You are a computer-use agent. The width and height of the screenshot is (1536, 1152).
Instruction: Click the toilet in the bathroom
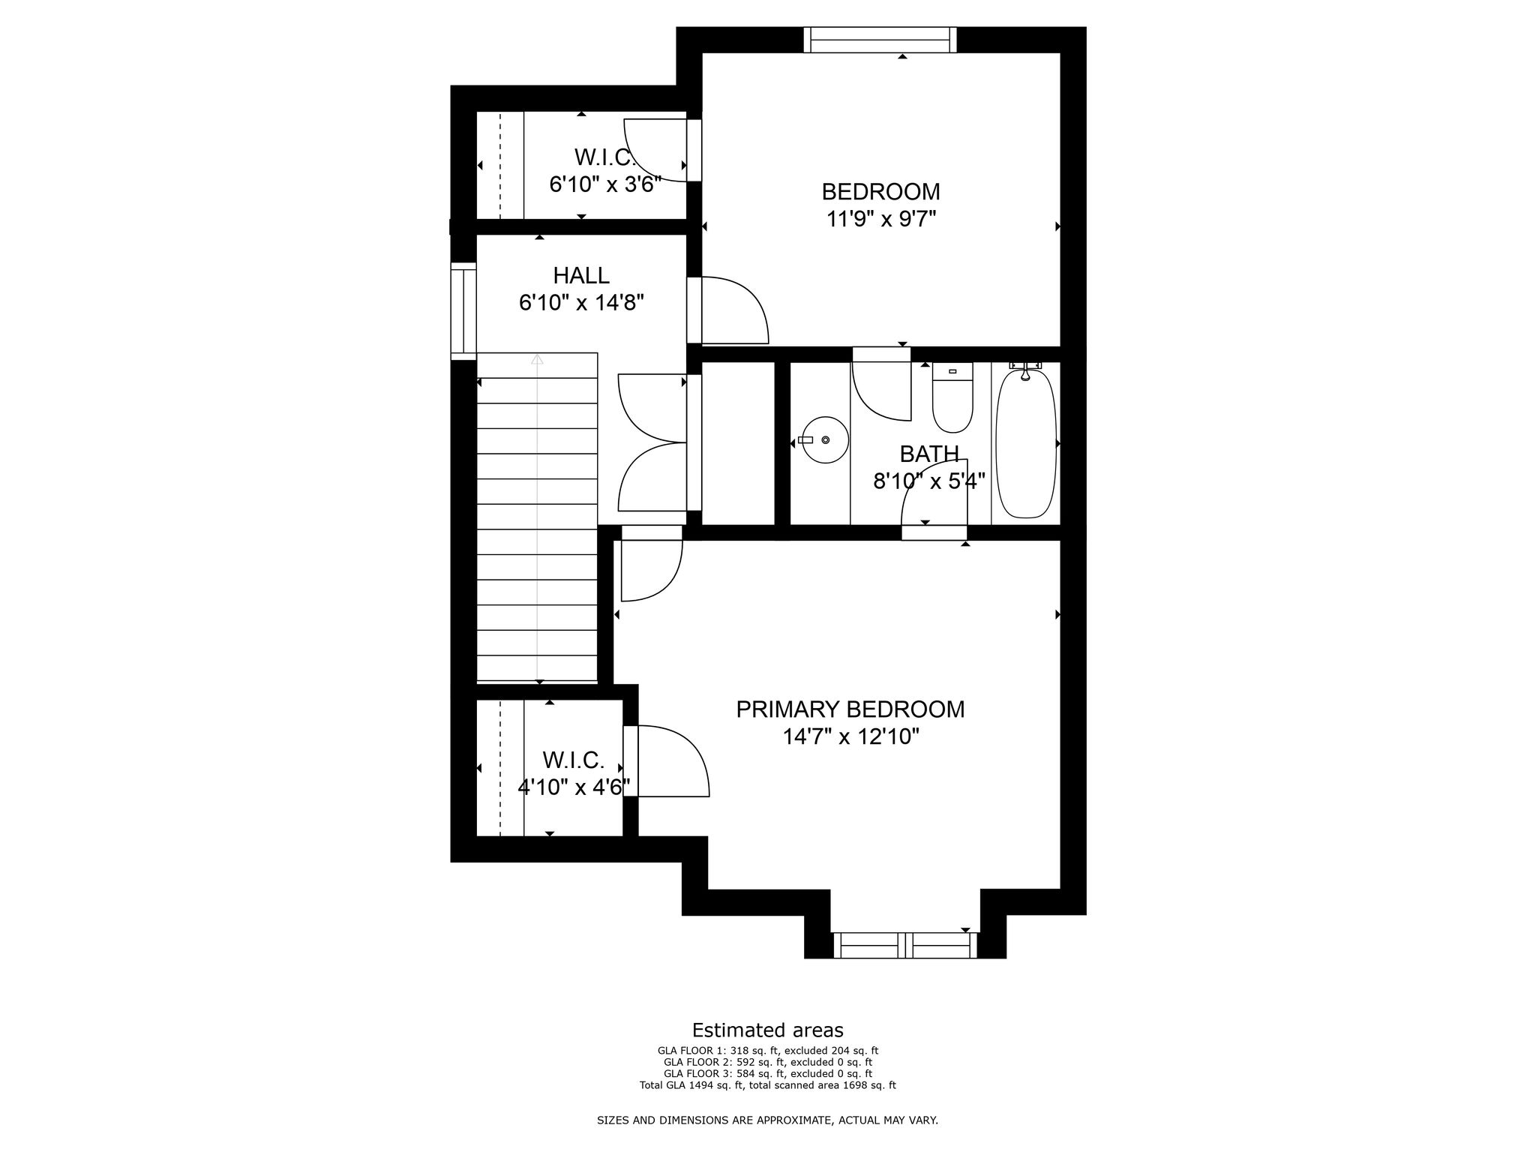(x=952, y=397)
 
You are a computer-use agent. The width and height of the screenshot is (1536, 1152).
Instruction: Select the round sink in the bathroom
(x=825, y=440)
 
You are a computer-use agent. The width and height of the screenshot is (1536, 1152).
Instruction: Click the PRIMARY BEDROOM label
(x=850, y=709)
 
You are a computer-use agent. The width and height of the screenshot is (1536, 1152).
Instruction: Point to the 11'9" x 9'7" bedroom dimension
(x=881, y=219)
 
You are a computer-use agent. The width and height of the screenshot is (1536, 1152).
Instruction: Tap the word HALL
(x=581, y=275)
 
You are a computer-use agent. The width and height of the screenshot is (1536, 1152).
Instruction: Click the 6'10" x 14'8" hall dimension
(x=582, y=303)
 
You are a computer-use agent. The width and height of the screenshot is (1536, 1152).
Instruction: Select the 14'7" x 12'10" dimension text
(x=851, y=737)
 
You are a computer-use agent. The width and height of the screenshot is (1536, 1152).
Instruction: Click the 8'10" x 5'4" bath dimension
(x=929, y=481)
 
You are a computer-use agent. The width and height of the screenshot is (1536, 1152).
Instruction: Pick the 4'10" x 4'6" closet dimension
(x=574, y=787)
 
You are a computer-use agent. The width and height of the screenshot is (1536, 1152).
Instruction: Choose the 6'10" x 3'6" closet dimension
(x=605, y=184)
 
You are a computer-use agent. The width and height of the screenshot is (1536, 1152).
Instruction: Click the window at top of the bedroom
(x=880, y=40)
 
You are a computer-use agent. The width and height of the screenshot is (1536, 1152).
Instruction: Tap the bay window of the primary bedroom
(x=905, y=945)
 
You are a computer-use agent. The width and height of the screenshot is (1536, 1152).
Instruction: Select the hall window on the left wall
(x=463, y=311)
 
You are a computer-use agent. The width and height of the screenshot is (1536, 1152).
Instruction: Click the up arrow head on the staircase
(x=537, y=359)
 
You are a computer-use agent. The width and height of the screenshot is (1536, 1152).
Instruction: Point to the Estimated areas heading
(x=767, y=1030)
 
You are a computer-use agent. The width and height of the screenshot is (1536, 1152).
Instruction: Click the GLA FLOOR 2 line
(x=767, y=1062)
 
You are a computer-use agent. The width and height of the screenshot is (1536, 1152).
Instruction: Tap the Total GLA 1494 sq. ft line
(x=767, y=1085)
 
